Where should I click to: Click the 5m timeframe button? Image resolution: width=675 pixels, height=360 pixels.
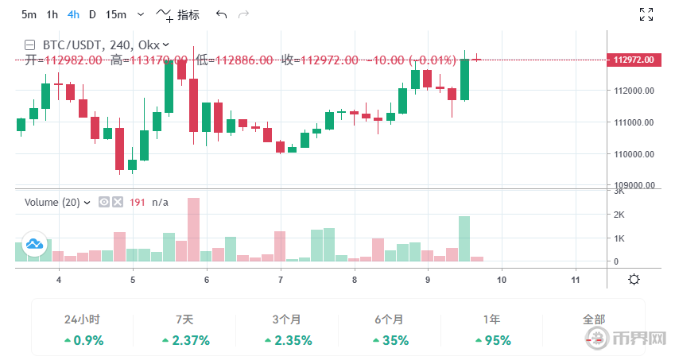coord(29,14)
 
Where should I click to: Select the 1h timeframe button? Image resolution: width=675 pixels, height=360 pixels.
coord(52,14)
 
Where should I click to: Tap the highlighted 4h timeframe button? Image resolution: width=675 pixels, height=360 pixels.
coord(73,14)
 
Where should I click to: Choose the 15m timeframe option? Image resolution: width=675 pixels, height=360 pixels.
coord(115,14)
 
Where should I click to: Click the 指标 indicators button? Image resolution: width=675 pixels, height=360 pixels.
coord(179,14)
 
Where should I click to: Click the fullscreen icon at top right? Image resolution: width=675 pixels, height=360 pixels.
coord(646,14)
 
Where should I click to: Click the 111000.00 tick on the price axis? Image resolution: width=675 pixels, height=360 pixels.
coord(638,122)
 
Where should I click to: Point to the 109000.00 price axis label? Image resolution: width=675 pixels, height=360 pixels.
coord(638,185)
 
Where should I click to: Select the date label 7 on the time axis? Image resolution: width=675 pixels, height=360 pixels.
coord(281,280)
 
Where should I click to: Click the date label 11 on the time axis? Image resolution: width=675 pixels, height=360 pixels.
coord(575,280)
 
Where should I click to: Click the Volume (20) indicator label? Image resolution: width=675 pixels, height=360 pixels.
coord(52,203)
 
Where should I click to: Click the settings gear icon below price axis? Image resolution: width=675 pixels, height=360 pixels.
coord(634,279)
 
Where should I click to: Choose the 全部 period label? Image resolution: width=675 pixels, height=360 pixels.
coord(594,319)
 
